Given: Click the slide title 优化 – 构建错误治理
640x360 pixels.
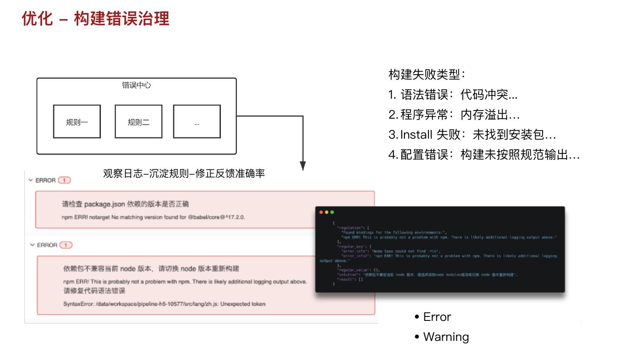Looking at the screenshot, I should pos(96,19).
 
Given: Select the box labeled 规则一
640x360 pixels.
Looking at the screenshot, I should pos(77,122).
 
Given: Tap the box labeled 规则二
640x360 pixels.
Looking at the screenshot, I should pos(138,122).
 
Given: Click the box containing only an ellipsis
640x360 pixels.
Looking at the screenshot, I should pos(197,122).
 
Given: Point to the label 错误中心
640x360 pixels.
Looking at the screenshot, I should pos(136,85).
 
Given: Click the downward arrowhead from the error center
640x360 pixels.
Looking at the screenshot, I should pos(303,166).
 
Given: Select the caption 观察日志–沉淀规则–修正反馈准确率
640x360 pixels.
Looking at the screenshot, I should pos(184,173).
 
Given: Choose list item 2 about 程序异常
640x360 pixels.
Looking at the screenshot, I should pos(454,115).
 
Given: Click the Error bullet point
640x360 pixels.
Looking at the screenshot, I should pos(437,317).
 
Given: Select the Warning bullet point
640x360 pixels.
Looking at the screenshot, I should pos(446,337).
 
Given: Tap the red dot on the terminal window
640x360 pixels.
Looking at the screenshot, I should pos(321,212).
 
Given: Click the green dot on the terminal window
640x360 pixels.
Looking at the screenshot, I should pos(332,212).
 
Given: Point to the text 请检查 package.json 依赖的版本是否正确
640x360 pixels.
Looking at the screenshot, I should pos(125,204).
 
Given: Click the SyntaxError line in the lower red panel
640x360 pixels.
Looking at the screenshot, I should pos(164,304).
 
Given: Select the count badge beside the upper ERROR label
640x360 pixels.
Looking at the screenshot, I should pos(64,180).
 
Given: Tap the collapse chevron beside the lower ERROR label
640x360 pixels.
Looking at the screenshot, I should pos(32,245).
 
